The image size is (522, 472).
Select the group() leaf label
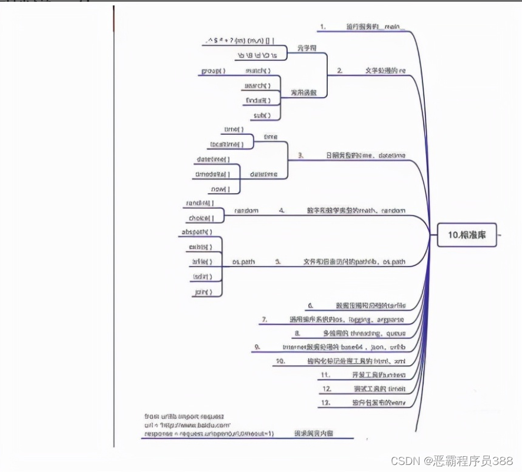point(214,71)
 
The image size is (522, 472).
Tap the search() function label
point(257,86)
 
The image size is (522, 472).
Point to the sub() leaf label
point(261,115)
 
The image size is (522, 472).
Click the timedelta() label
point(209,174)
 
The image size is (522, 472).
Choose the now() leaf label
point(217,190)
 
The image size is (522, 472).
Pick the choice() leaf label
point(197,218)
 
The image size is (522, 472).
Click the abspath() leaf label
point(196,232)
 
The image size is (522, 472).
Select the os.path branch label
point(244,262)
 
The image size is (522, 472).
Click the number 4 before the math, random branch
point(282,210)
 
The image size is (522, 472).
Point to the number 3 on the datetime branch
point(300,155)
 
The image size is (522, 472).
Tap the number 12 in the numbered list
point(327,389)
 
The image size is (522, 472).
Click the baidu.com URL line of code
point(187,425)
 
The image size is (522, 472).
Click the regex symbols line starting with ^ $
point(240,41)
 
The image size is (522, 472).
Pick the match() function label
point(258,71)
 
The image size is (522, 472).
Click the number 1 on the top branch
point(322,27)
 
